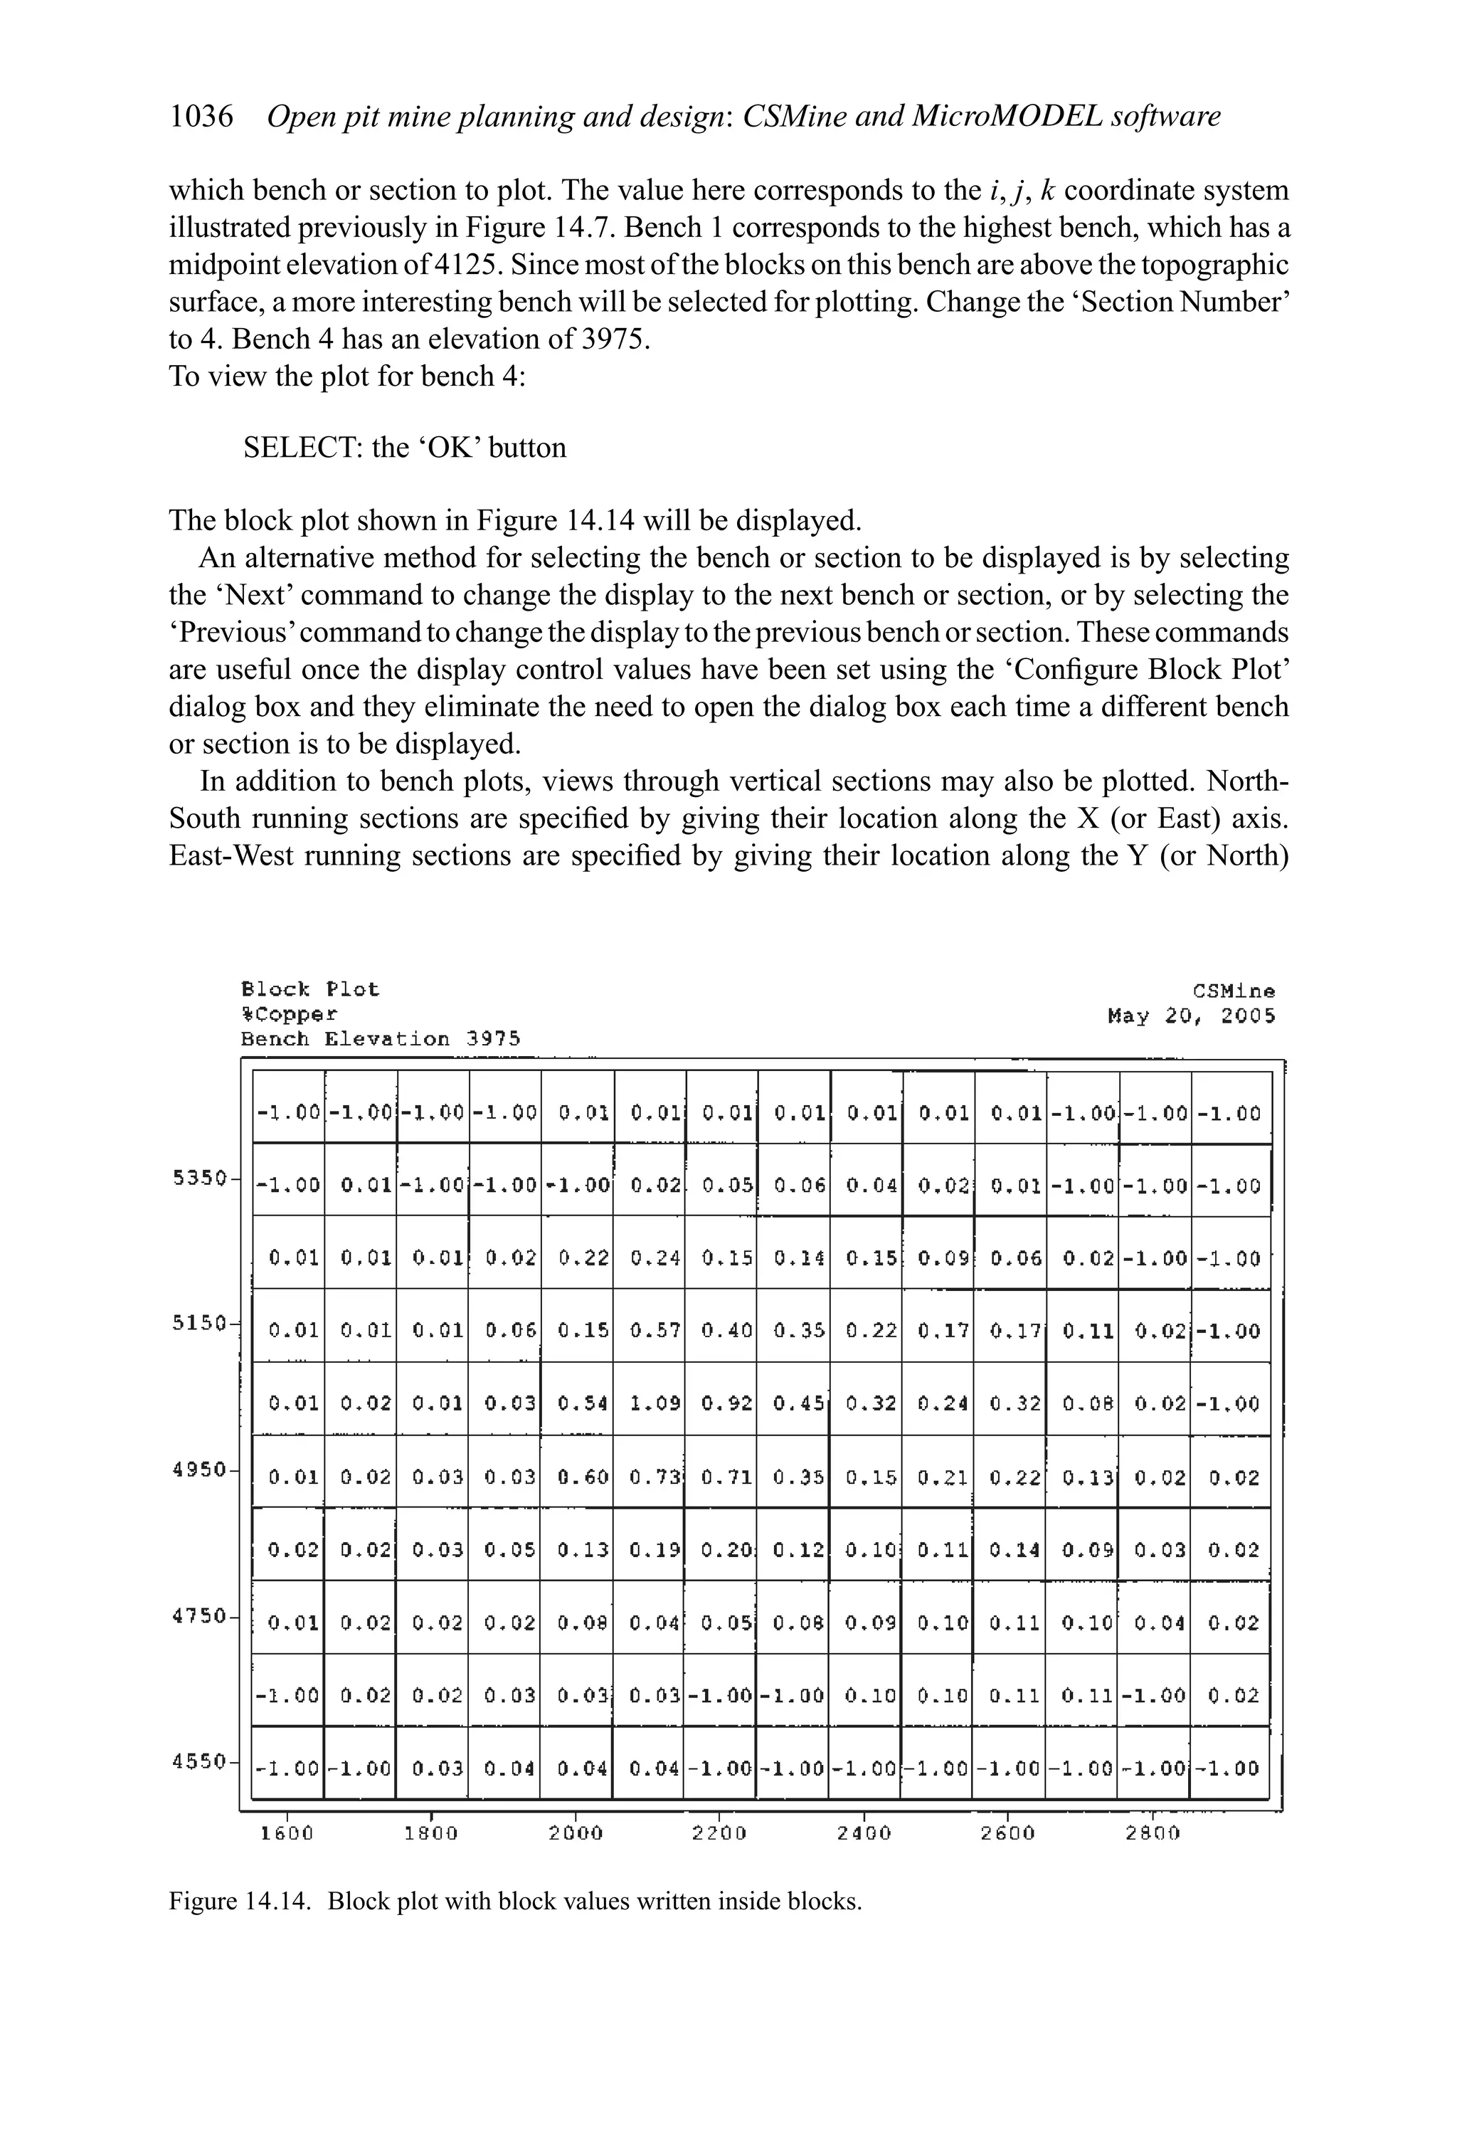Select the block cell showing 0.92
click(726, 1403)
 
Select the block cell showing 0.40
click(726, 1331)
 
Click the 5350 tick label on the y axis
click(200, 1178)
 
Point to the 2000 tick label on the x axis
click(576, 1834)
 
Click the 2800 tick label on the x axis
click(1152, 1834)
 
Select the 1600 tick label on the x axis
click(287, 1834)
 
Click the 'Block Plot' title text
click(309, 990)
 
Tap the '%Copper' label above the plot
click(289, 1015)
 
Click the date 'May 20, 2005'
click(1190, 1016)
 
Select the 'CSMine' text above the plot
click(1234, 991)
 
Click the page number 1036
click(201, 117)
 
